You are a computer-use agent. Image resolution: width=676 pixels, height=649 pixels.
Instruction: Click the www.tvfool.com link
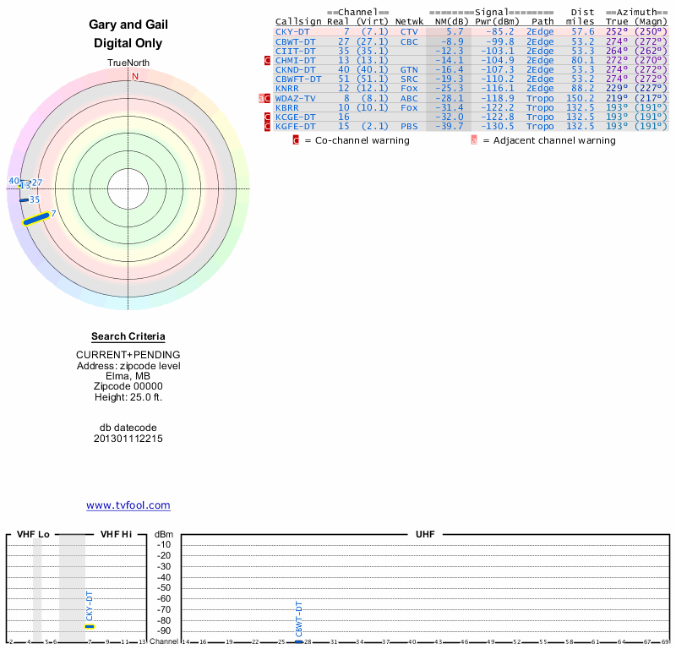(x=128, y=505)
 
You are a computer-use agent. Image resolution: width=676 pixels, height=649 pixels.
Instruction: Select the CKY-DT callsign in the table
(x=292, y=31)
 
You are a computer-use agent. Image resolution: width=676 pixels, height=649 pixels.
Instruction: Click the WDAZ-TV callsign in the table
(x=295, y=98)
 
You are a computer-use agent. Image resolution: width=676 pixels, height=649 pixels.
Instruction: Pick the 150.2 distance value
(x=580, y=98)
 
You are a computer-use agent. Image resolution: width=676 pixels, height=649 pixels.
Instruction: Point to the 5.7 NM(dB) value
(x=455, y=31)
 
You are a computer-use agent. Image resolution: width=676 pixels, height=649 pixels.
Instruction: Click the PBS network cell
(x=409, y=126)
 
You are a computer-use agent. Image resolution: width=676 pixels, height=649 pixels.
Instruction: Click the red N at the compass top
(x=134, y=77)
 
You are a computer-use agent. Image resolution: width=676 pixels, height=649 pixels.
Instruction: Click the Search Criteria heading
(x=128, y=336)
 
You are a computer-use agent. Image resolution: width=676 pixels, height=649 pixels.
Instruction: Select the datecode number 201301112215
(x=128, y=439)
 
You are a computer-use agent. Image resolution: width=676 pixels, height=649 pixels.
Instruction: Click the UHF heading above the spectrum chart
(x=424, y=535)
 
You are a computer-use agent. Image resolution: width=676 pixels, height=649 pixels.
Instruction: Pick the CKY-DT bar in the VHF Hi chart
(x=90, y=626)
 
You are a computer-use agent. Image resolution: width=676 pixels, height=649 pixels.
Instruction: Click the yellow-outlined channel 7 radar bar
(x=35, y=219)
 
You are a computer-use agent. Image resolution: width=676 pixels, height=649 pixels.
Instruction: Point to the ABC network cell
(x=409, y=98)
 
